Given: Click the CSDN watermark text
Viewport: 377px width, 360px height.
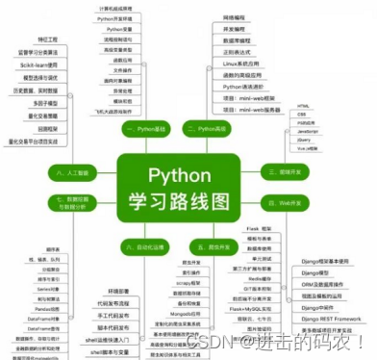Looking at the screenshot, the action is coord(288,342).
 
